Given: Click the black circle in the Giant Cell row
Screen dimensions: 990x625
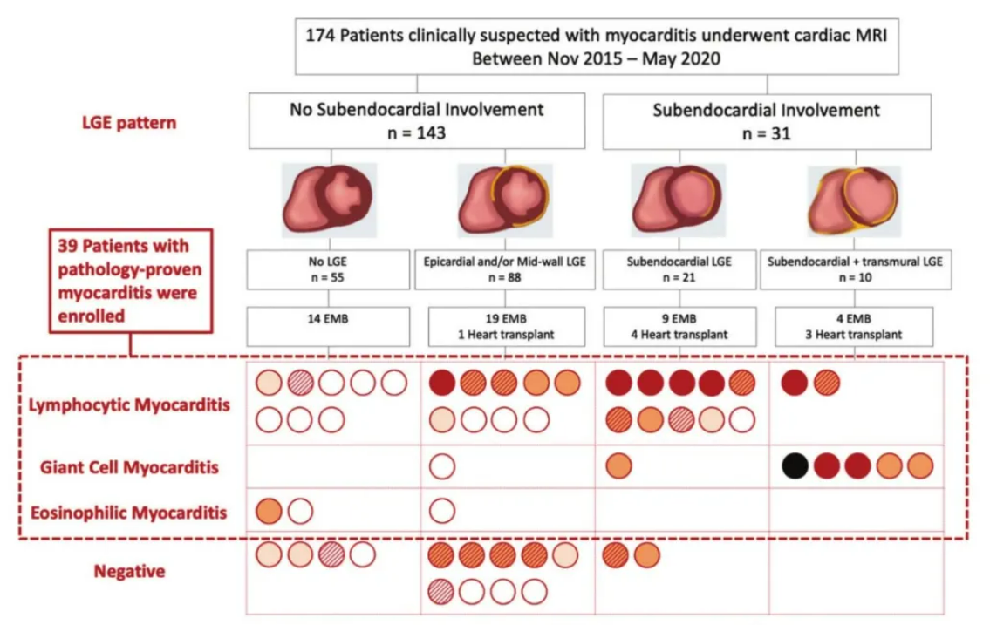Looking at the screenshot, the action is point(795,466).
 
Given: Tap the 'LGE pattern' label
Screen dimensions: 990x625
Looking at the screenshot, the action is point(129,122).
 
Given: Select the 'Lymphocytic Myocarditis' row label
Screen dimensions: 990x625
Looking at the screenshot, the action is point(129,404).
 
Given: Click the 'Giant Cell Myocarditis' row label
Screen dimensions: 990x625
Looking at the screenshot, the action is point(129,467).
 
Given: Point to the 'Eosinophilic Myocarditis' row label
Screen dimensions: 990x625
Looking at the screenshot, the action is point(129,513).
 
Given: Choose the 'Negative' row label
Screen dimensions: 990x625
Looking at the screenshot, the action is point(129,572).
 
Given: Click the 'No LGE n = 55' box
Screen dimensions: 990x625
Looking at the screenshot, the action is point(328,270).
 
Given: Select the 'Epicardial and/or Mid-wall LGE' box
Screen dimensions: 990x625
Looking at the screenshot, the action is point(505,270).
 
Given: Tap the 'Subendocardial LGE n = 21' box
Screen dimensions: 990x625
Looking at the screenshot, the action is point(679,270).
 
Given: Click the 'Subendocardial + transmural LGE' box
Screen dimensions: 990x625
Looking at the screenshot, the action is point(856,270).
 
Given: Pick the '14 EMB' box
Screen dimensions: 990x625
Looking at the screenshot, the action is point(328,327).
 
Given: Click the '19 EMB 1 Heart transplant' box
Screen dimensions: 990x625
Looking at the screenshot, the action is point(507,327).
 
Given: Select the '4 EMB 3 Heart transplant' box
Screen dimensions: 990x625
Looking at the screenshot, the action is point(854,327).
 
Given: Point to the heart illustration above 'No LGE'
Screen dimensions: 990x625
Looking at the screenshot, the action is point(329,200).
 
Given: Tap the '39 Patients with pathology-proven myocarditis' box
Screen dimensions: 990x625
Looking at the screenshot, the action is point(132,281).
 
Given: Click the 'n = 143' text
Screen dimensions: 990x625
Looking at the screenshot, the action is point(417,133).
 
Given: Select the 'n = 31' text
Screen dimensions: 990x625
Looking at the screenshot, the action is point(767,133).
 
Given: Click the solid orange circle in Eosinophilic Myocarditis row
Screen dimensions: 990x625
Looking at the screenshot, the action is point(269,511).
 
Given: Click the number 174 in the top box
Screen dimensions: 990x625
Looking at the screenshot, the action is point(320,36).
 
